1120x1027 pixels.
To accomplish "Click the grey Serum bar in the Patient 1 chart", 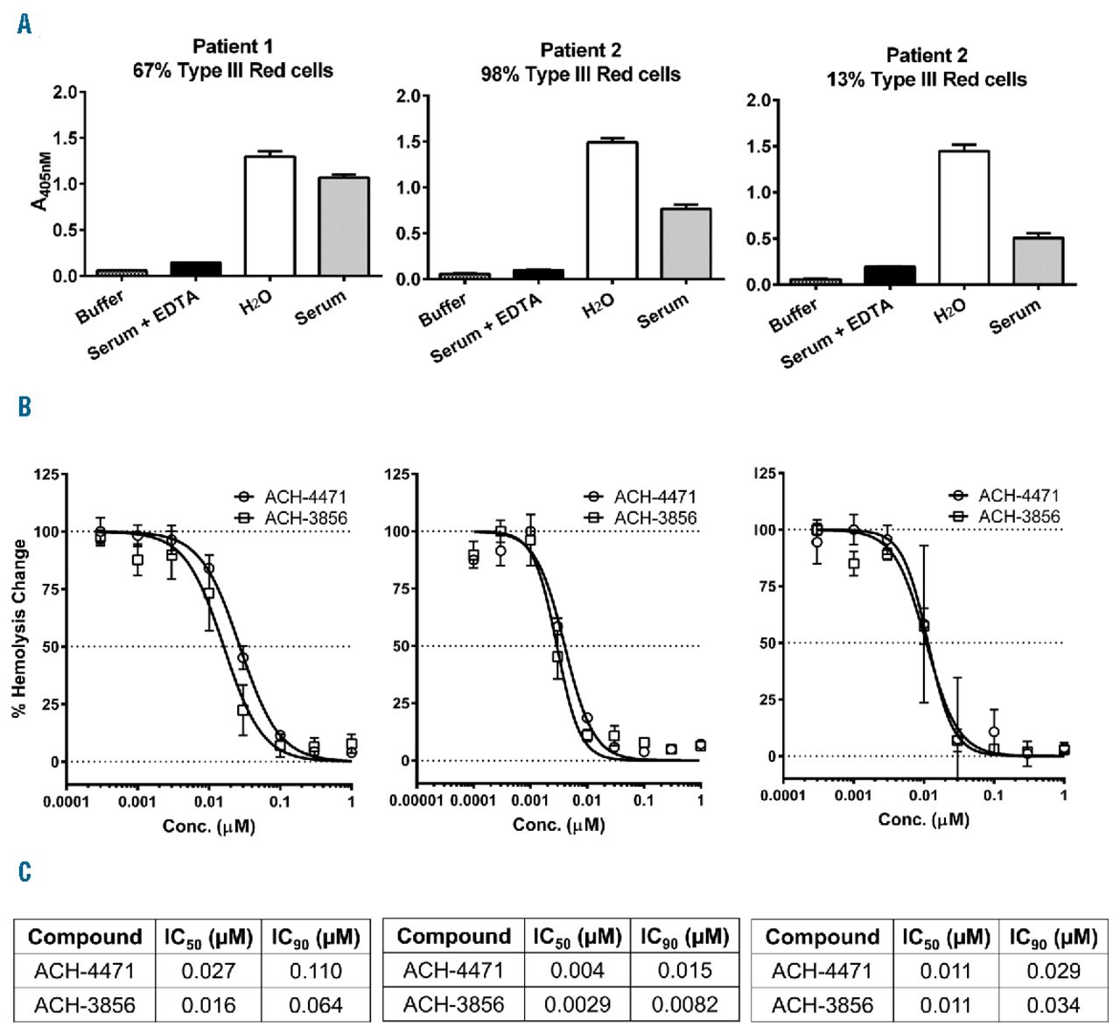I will [343, 227].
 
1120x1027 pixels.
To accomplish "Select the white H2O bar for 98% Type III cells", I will [612, 210].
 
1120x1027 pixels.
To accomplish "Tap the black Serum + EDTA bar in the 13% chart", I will [889, 275].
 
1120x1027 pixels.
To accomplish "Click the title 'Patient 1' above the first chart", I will [233, 46].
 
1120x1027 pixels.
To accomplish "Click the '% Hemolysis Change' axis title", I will [20, 628].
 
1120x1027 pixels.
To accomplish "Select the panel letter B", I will [24, 406].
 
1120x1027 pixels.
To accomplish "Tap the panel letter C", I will [24, 871].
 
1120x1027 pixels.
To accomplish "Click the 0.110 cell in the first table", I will [315, 971].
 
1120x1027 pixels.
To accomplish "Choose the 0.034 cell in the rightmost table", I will [1053, 1004].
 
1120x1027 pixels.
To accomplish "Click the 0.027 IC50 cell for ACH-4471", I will [208, 971].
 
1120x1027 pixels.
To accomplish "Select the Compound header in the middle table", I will [453, 937].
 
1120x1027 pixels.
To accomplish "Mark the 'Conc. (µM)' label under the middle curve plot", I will [559, 825].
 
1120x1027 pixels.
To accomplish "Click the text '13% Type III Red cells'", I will [927, 80].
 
